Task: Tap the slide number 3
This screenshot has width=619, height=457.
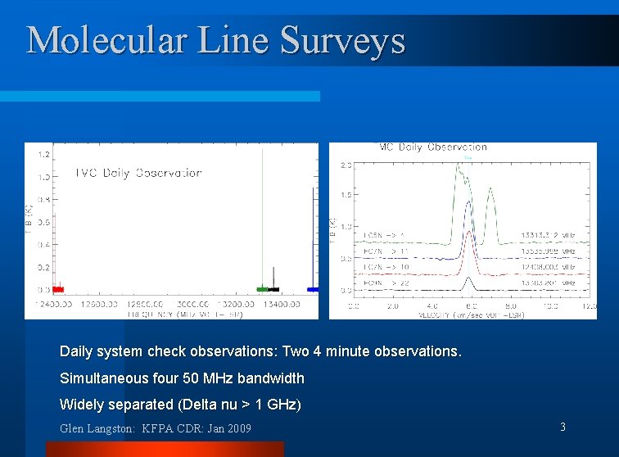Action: (563, 427)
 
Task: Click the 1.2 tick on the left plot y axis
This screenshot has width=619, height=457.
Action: (43, 154)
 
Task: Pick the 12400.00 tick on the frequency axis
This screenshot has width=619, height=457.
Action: (53, 305)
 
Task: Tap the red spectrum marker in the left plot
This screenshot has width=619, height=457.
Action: (57, 289)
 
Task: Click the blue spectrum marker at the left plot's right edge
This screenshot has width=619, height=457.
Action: (313, 289)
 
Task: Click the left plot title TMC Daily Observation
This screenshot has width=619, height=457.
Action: (138, 173)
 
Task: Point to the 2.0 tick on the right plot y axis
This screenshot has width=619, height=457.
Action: (346, 165)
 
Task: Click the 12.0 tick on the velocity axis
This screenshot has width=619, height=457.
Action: (590, 305)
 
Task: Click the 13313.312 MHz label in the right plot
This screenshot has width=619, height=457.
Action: (553, 235)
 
